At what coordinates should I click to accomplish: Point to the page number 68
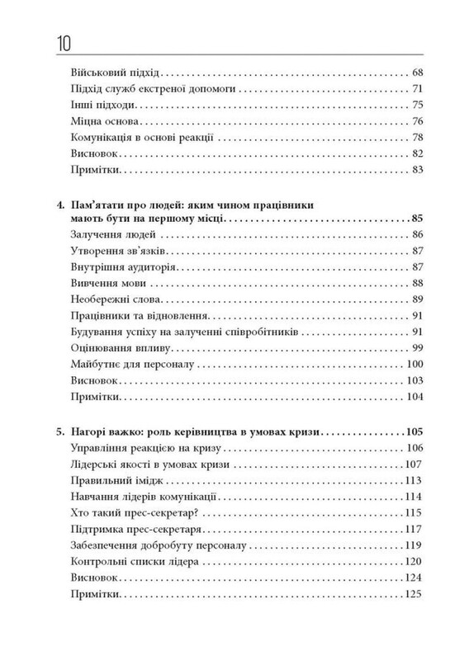(416, 73)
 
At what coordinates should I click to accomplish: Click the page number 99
(416, 348)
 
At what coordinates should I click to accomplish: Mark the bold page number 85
(415, 219)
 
